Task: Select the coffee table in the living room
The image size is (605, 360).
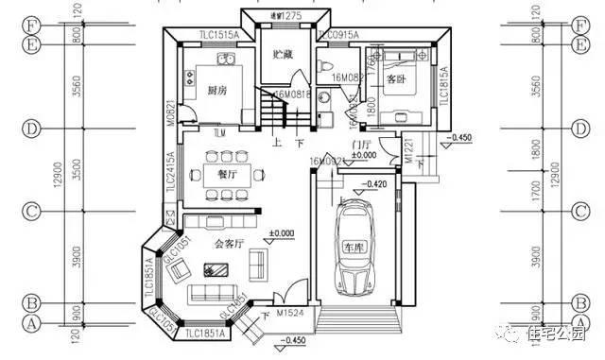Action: [x=216, y=268]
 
